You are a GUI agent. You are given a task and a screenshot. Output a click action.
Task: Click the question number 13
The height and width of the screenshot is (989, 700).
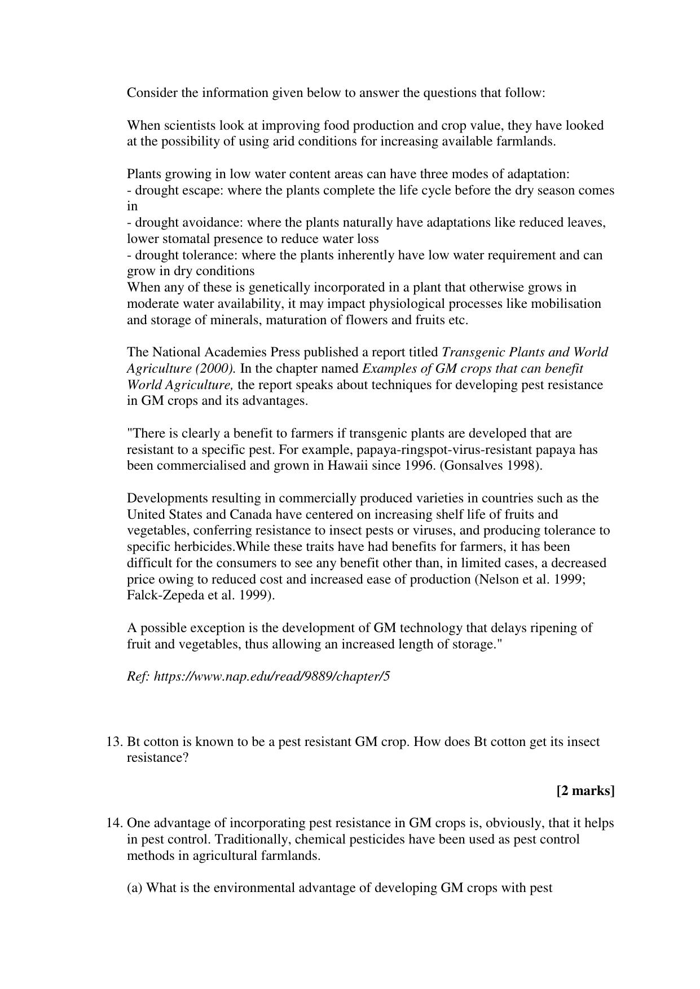click(x=115, y=741)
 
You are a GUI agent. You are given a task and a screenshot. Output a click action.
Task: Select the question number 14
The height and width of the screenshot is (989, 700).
click(x=115, y=823)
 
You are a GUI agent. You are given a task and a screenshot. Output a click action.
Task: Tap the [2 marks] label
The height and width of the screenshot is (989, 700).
click(x=585, y=791)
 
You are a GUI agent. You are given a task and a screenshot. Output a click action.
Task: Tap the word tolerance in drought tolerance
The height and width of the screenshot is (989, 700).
click(x=210, y=255)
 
